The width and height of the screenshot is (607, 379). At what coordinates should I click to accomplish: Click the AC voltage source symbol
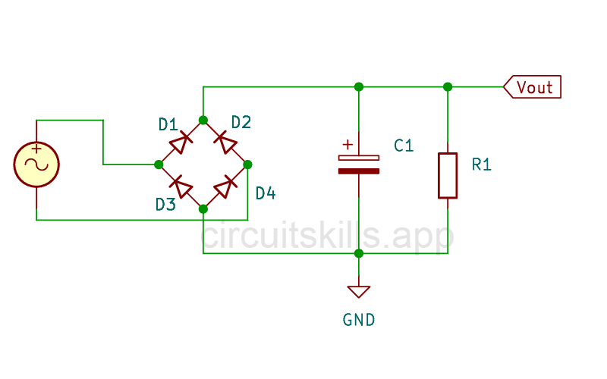click(36, 164)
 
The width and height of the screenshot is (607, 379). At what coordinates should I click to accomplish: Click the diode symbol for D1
click(181, 142)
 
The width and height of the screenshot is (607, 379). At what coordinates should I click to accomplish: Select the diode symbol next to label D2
click(225, 142)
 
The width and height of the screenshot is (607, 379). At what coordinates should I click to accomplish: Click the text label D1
click(168, 124)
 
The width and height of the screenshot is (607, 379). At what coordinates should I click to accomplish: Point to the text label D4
click(266, 194)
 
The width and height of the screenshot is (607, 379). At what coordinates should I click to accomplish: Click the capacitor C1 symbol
click(358, 164)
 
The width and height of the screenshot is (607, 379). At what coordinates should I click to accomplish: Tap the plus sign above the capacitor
click(348, 144)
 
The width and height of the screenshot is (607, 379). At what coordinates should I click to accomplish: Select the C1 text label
click(404, 146)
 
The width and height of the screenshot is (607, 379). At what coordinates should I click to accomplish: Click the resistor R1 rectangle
click(448, 176)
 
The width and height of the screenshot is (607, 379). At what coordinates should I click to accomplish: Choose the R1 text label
click(481, 164)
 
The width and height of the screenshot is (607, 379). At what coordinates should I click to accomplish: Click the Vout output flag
click(533, 87)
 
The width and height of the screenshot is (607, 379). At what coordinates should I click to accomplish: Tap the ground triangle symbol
click(358, 291)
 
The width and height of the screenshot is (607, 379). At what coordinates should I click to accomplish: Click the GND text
click(358, 320)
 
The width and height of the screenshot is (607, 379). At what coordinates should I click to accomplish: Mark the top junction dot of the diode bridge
click(203, 120)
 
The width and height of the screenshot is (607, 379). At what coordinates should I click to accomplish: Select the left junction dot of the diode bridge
click(159, 164)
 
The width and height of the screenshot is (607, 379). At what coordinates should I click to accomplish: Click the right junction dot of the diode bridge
click(247, 164)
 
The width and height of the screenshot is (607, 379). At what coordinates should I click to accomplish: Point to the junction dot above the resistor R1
click(448, 86)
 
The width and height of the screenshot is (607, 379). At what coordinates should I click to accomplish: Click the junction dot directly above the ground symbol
click(358, 253)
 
